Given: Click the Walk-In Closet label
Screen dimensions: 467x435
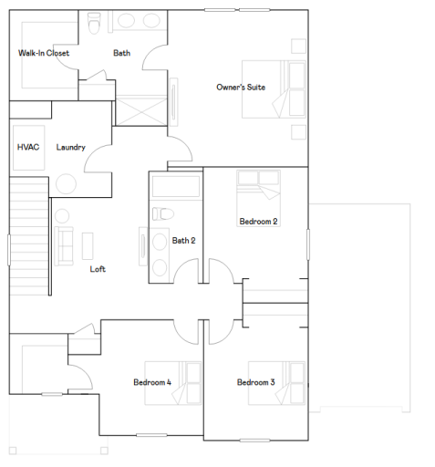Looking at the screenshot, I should coord(44,53).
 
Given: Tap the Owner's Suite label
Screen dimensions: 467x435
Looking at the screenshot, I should coord(241,88).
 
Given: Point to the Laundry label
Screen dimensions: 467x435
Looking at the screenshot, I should coord(70,147).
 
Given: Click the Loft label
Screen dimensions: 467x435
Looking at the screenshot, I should coord(98,269).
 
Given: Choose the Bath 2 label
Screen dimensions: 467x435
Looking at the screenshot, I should coord(183,241).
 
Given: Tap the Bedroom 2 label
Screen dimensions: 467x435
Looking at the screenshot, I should coord(258,222).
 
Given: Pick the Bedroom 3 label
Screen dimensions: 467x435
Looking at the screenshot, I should coord(256,382).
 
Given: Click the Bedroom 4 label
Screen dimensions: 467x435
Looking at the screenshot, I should coord(152,382).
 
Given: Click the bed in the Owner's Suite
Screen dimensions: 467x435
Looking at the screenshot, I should coord(271,88).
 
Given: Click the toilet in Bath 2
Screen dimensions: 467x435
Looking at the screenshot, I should coord(162,213).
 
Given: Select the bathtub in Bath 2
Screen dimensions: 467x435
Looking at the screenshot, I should coord(175,186).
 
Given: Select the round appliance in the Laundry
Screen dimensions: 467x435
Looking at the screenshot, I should coord(66,182).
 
